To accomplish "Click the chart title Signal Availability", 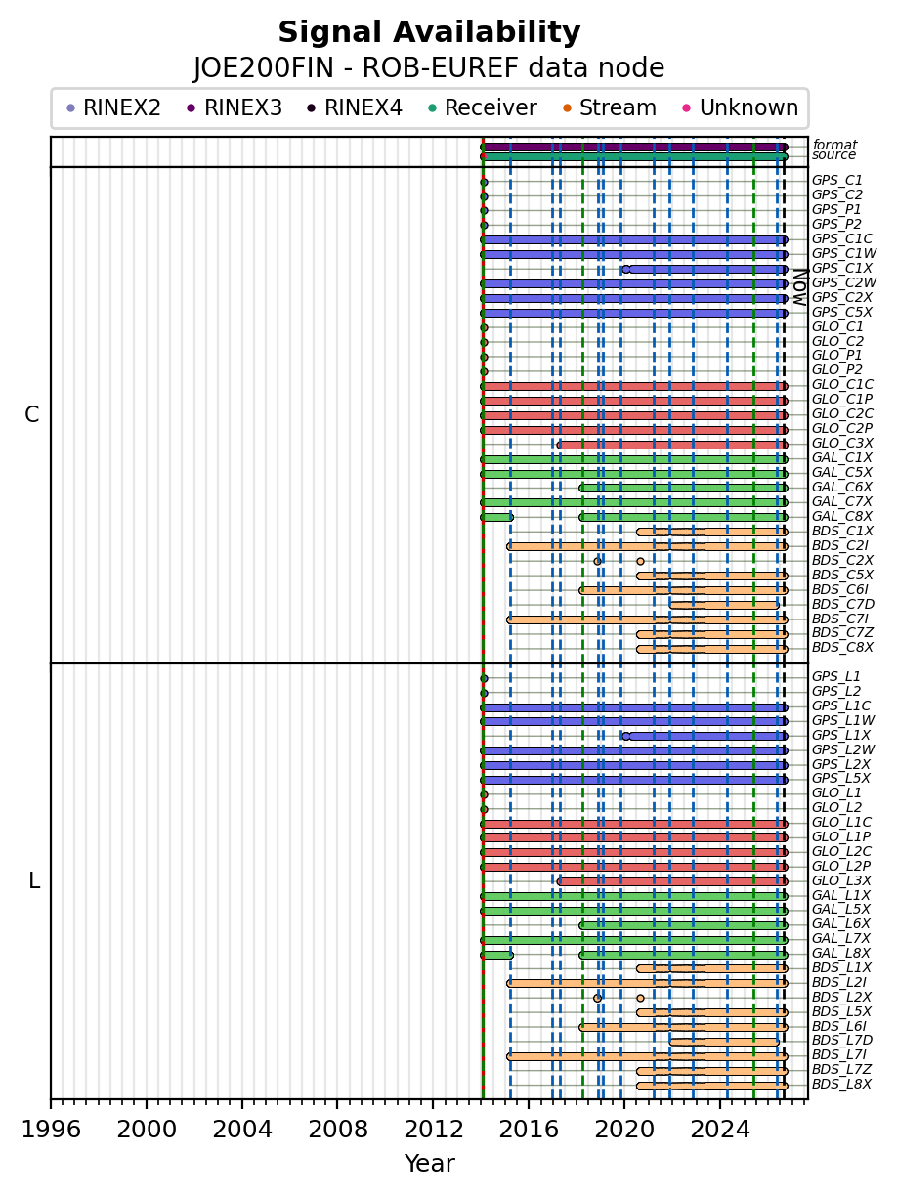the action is [429, 32].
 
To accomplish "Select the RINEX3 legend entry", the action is [235, 107].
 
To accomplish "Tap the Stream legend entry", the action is [610, 107].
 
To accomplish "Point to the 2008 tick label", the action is [338, 1130].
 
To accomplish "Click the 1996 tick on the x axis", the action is [51, 1104].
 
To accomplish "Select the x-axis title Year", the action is [430, 1164].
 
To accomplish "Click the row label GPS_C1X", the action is [842, 268].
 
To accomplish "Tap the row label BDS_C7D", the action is [843, 604].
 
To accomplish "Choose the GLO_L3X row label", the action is [841, 880].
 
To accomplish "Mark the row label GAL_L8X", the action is [841, 953].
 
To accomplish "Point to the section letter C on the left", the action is [32, 414].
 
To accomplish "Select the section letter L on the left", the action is [34, 880].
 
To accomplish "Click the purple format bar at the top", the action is [634, 148].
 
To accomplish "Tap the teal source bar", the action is [634, 157].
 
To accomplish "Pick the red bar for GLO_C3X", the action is [672, 445].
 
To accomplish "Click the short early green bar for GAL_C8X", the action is [497, 517].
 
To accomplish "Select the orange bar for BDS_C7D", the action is [724, 605].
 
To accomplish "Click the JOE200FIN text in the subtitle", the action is [264, 68].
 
